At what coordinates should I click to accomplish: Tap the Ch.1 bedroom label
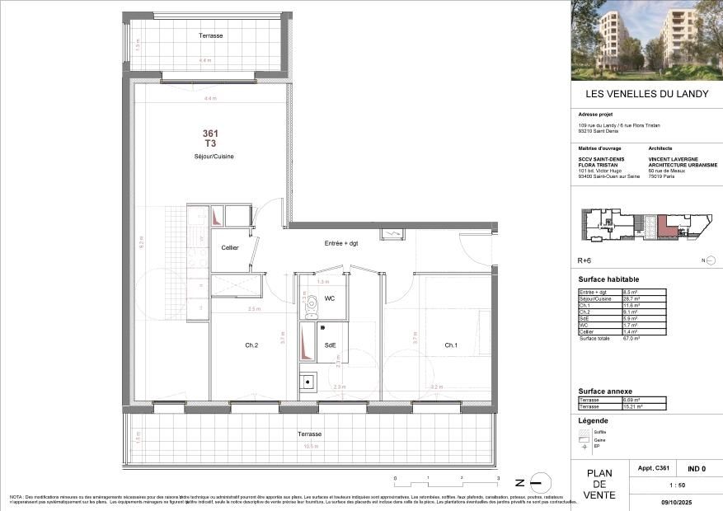(x=451, y=345)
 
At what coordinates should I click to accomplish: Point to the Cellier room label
(x=230, y=248)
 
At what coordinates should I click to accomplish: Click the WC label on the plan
(x=329, y=298)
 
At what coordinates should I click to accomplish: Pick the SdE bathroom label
(x=330, y=345)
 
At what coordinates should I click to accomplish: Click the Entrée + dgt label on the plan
(x=341, y=243)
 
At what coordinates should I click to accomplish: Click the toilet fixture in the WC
(x=311, y=306)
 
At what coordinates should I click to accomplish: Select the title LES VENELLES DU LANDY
(x=646, y=94)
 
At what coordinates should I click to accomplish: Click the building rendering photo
(x=646, y=40)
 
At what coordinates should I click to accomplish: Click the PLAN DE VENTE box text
(x=599, y=485)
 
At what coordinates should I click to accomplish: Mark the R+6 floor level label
(x=584, y=260)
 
